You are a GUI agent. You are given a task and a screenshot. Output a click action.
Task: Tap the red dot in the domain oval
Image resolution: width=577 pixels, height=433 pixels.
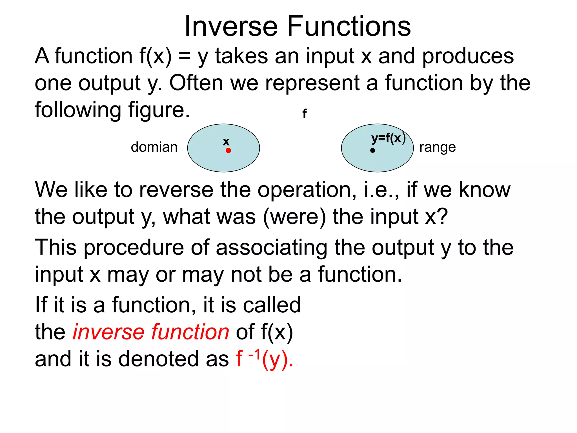228,151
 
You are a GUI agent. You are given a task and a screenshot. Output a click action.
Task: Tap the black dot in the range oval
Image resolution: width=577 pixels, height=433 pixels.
372,151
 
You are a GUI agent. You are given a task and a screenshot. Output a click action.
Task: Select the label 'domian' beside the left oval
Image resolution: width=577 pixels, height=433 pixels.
154,147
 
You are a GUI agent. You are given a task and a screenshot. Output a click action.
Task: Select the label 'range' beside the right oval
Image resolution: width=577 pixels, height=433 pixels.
437,147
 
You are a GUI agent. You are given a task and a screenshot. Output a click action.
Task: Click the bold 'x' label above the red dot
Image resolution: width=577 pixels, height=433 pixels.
226,142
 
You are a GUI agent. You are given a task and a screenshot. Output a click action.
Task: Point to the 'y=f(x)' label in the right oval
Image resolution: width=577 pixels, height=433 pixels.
388,138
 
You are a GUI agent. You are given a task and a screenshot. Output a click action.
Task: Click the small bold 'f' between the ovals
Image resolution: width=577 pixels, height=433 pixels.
304,114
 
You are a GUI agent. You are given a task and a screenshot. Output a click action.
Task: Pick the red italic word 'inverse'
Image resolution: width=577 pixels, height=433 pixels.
108,332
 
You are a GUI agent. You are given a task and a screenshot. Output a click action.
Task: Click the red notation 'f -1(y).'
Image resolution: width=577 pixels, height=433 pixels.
264,359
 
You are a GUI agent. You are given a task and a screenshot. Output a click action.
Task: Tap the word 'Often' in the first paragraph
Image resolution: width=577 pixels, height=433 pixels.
196,83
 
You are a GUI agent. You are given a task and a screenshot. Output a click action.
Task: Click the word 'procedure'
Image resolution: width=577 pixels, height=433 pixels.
134,247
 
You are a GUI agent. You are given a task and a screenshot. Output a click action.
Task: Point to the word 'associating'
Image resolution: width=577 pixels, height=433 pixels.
272,247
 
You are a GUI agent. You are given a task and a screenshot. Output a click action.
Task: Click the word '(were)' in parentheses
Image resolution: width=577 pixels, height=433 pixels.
294,217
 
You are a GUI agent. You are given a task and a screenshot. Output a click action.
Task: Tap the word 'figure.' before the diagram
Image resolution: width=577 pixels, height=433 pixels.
159,110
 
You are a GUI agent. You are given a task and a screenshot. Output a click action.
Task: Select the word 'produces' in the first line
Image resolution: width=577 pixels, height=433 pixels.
468,56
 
